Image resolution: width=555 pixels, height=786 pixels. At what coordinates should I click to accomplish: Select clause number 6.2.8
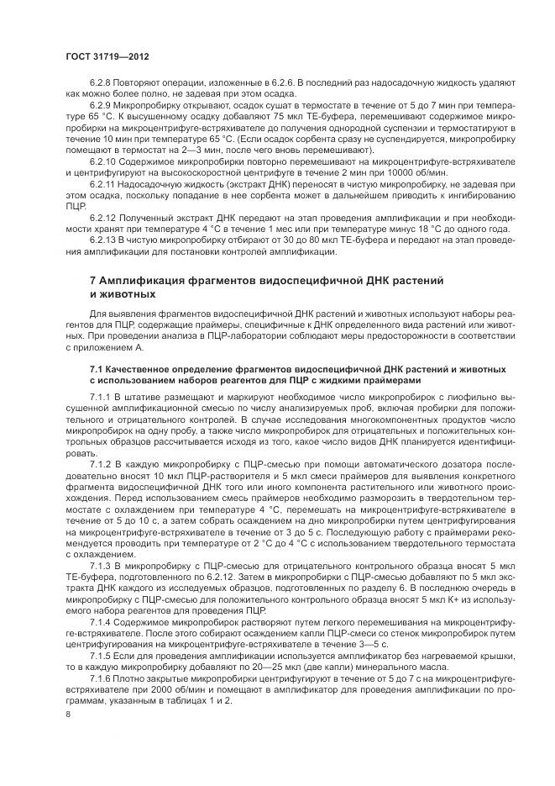(100, 87)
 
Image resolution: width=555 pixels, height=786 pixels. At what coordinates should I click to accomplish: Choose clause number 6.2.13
(102, 240)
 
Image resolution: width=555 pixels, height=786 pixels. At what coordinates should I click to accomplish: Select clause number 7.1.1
(100, 395)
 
